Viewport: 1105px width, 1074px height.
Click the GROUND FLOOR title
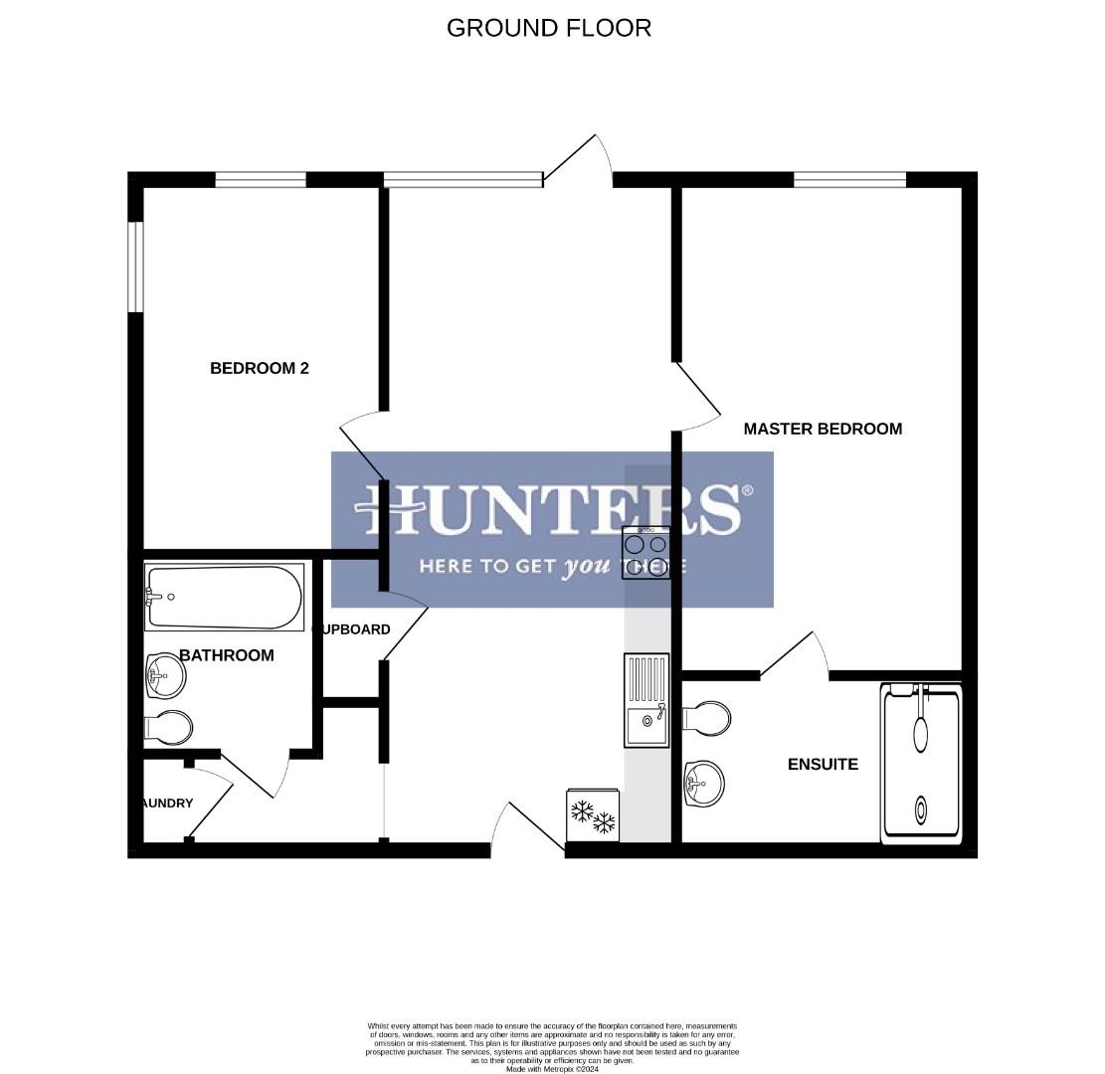[549, 28]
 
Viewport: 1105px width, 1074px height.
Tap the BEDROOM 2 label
[260, 368]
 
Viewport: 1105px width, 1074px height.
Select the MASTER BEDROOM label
[823, 429]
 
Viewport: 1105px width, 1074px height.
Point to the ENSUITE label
[823, 764]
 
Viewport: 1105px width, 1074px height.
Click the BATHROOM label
[227, 655]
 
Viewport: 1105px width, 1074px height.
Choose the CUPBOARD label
[352, 629]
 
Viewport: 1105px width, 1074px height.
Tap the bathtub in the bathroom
[225, 597]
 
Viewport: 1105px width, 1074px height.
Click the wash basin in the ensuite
[704, 784]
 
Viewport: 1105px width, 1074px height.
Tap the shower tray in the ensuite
[922, 763]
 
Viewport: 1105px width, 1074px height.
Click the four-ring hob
[646, 553]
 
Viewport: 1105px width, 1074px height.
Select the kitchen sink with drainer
[646, 700]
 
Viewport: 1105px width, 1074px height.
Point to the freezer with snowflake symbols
[593, 815]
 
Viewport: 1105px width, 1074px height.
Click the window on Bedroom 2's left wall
[136, 267]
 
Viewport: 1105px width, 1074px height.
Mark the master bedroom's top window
[849, 180]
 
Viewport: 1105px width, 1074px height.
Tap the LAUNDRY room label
[168, 803]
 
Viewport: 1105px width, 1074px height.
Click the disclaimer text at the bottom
[552, 1046]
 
